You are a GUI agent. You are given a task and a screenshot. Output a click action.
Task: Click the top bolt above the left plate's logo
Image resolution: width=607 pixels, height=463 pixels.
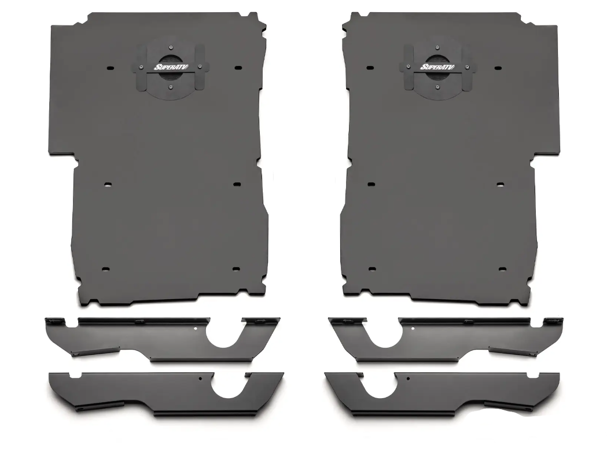pyautogui.click(x=171, y=47)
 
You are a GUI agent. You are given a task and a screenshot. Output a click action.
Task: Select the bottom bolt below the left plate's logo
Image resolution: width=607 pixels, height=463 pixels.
pyautogui.click(x=171, y=87)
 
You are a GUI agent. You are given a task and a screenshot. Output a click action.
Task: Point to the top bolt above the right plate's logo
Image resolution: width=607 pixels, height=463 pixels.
pyautogui.click(x=437, y=47)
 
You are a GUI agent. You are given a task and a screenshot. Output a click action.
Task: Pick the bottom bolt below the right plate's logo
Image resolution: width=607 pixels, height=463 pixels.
pyautogui.click(x=437, y=87)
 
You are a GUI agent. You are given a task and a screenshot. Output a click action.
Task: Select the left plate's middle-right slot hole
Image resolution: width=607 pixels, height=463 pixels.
pyautogui.click(x=237, y=184)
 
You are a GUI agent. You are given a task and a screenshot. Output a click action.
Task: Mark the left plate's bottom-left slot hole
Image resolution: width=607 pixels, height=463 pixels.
pyautogui.click(x=105, y=269)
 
